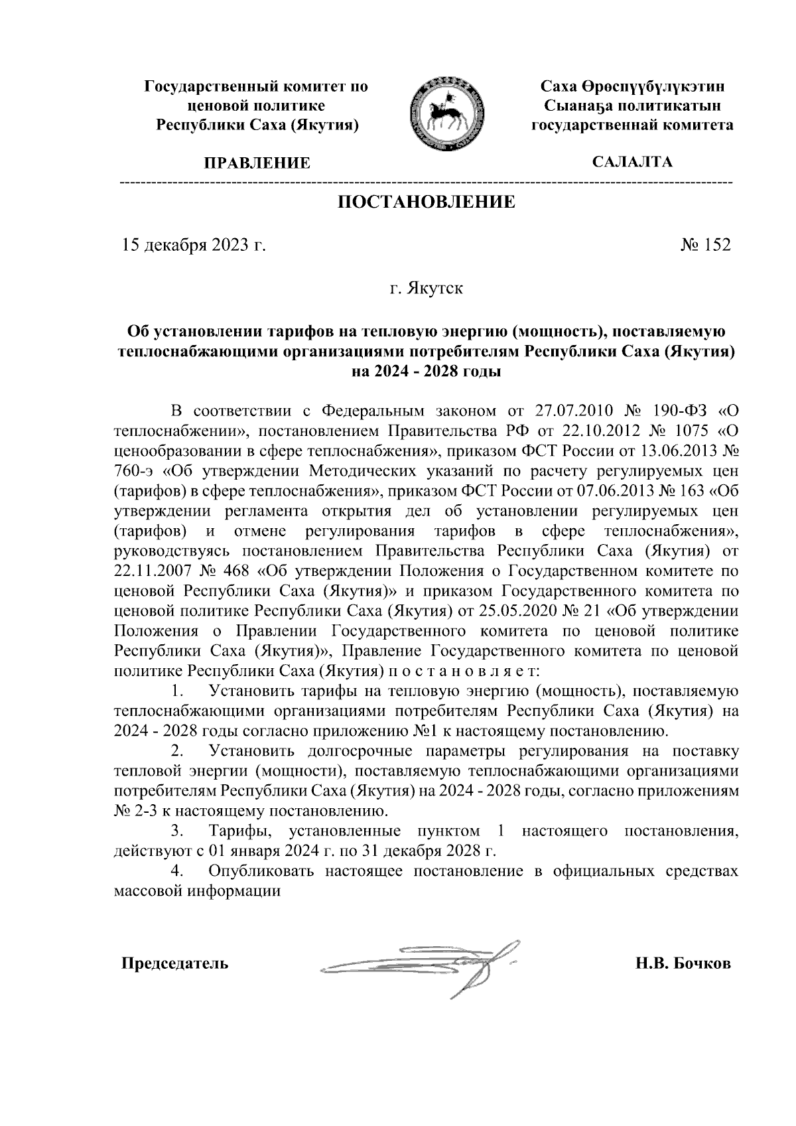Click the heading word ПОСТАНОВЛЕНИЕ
[427, 202]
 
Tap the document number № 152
[705, 245]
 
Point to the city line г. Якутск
[426, 289]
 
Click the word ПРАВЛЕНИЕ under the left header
[256, 163]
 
